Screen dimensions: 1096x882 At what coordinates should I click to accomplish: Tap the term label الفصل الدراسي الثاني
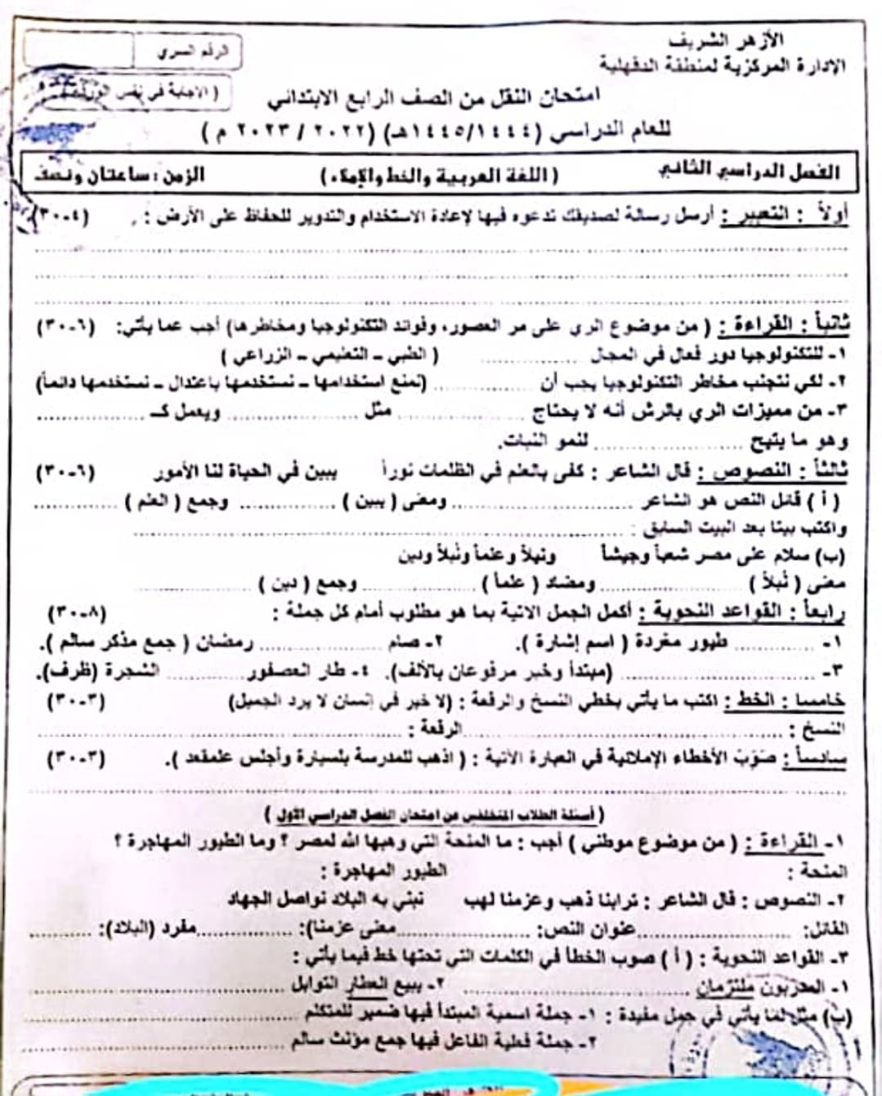pyautogui.click(x=749, y=172)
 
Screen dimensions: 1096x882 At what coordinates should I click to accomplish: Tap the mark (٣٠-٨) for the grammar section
pyautogui.click(x=78, y=612)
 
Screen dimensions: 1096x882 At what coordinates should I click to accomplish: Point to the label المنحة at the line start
pyautogui.click(x=824, y=870)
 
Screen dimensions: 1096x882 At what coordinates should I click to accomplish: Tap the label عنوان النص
pyautogui.click(x=586, y=928)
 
